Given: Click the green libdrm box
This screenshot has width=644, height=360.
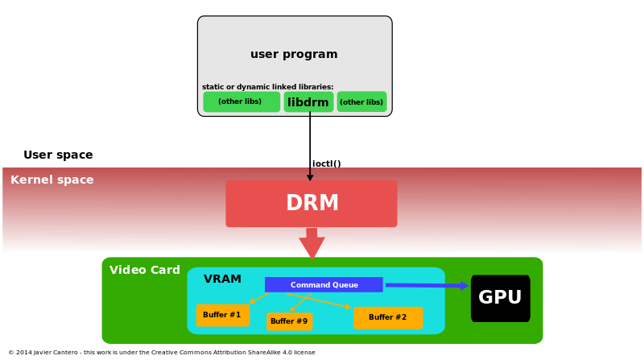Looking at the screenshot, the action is pos(308,101).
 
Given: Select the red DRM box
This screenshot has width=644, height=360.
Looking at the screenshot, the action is pos(312,204).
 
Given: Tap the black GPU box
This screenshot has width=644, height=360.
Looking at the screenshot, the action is pos(500,298).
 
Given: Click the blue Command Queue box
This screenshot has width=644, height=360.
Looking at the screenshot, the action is pos(324,285).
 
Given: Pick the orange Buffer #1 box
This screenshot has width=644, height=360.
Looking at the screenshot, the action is pos(223,315).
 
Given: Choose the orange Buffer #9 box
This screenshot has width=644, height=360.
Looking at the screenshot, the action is pos(289,321).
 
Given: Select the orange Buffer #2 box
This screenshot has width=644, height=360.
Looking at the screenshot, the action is pos(388,317).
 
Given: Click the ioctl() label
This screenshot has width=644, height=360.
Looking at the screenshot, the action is pos(327,163).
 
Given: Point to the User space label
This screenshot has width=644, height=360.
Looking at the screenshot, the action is pos(58,155).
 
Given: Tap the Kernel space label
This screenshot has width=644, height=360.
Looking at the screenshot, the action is pos(52,180).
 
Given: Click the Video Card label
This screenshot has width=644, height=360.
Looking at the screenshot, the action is pos(145,270).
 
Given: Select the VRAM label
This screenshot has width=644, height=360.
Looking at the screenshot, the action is pos(222,279).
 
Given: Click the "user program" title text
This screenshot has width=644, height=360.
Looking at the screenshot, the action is pos(294,54).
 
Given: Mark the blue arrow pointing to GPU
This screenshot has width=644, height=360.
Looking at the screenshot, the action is pos(427,285).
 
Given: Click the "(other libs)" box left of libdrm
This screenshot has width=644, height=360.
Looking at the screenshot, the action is pos(242,101).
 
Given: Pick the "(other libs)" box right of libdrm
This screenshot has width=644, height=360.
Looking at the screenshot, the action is pos(361,101).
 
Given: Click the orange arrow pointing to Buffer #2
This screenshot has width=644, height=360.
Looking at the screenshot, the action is pos(319,300).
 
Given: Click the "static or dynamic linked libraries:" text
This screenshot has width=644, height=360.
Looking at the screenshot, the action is pos(268,87).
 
